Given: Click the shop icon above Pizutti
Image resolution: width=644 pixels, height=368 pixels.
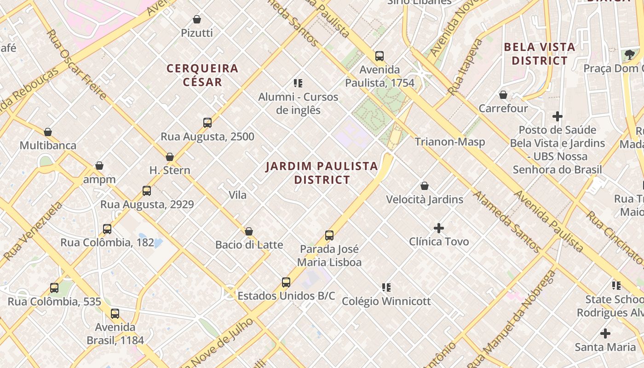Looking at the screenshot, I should [197, 19].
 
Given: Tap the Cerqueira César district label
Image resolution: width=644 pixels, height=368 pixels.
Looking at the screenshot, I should [202, 75].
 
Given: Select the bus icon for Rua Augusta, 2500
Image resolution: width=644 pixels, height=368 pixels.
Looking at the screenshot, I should [207, 123].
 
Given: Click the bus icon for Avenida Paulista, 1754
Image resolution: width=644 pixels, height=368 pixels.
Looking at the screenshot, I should [379, 56].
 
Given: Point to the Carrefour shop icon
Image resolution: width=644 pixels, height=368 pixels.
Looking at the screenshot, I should [503, 95].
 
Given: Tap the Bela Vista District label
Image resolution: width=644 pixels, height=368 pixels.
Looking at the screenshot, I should [540, 54].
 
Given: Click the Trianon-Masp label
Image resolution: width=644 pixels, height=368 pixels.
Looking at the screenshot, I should [450, 142].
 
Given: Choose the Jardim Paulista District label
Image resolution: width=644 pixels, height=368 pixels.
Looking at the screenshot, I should [322, 173].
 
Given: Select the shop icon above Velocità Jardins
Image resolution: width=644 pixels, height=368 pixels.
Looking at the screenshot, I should [425, 186].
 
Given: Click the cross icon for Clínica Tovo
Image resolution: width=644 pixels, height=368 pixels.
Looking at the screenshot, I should [439, 228].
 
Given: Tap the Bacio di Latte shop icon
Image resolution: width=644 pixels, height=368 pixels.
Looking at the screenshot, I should [249, 231].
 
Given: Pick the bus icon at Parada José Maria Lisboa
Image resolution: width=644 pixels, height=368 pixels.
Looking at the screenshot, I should [329, 236].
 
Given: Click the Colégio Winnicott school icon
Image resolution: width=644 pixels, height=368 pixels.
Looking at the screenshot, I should [386, 287].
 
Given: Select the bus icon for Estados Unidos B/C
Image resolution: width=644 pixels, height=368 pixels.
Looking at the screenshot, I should [286, 282].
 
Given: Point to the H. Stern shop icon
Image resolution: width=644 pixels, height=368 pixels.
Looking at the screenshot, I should [170, 157].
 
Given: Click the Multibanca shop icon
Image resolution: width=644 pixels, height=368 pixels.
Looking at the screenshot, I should [48, 132].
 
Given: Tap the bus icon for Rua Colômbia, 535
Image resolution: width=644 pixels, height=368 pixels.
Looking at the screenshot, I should [54, 288].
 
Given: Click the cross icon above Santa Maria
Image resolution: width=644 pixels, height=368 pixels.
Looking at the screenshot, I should [605, 333].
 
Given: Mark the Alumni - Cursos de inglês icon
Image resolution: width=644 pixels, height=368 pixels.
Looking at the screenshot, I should [298, 83].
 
